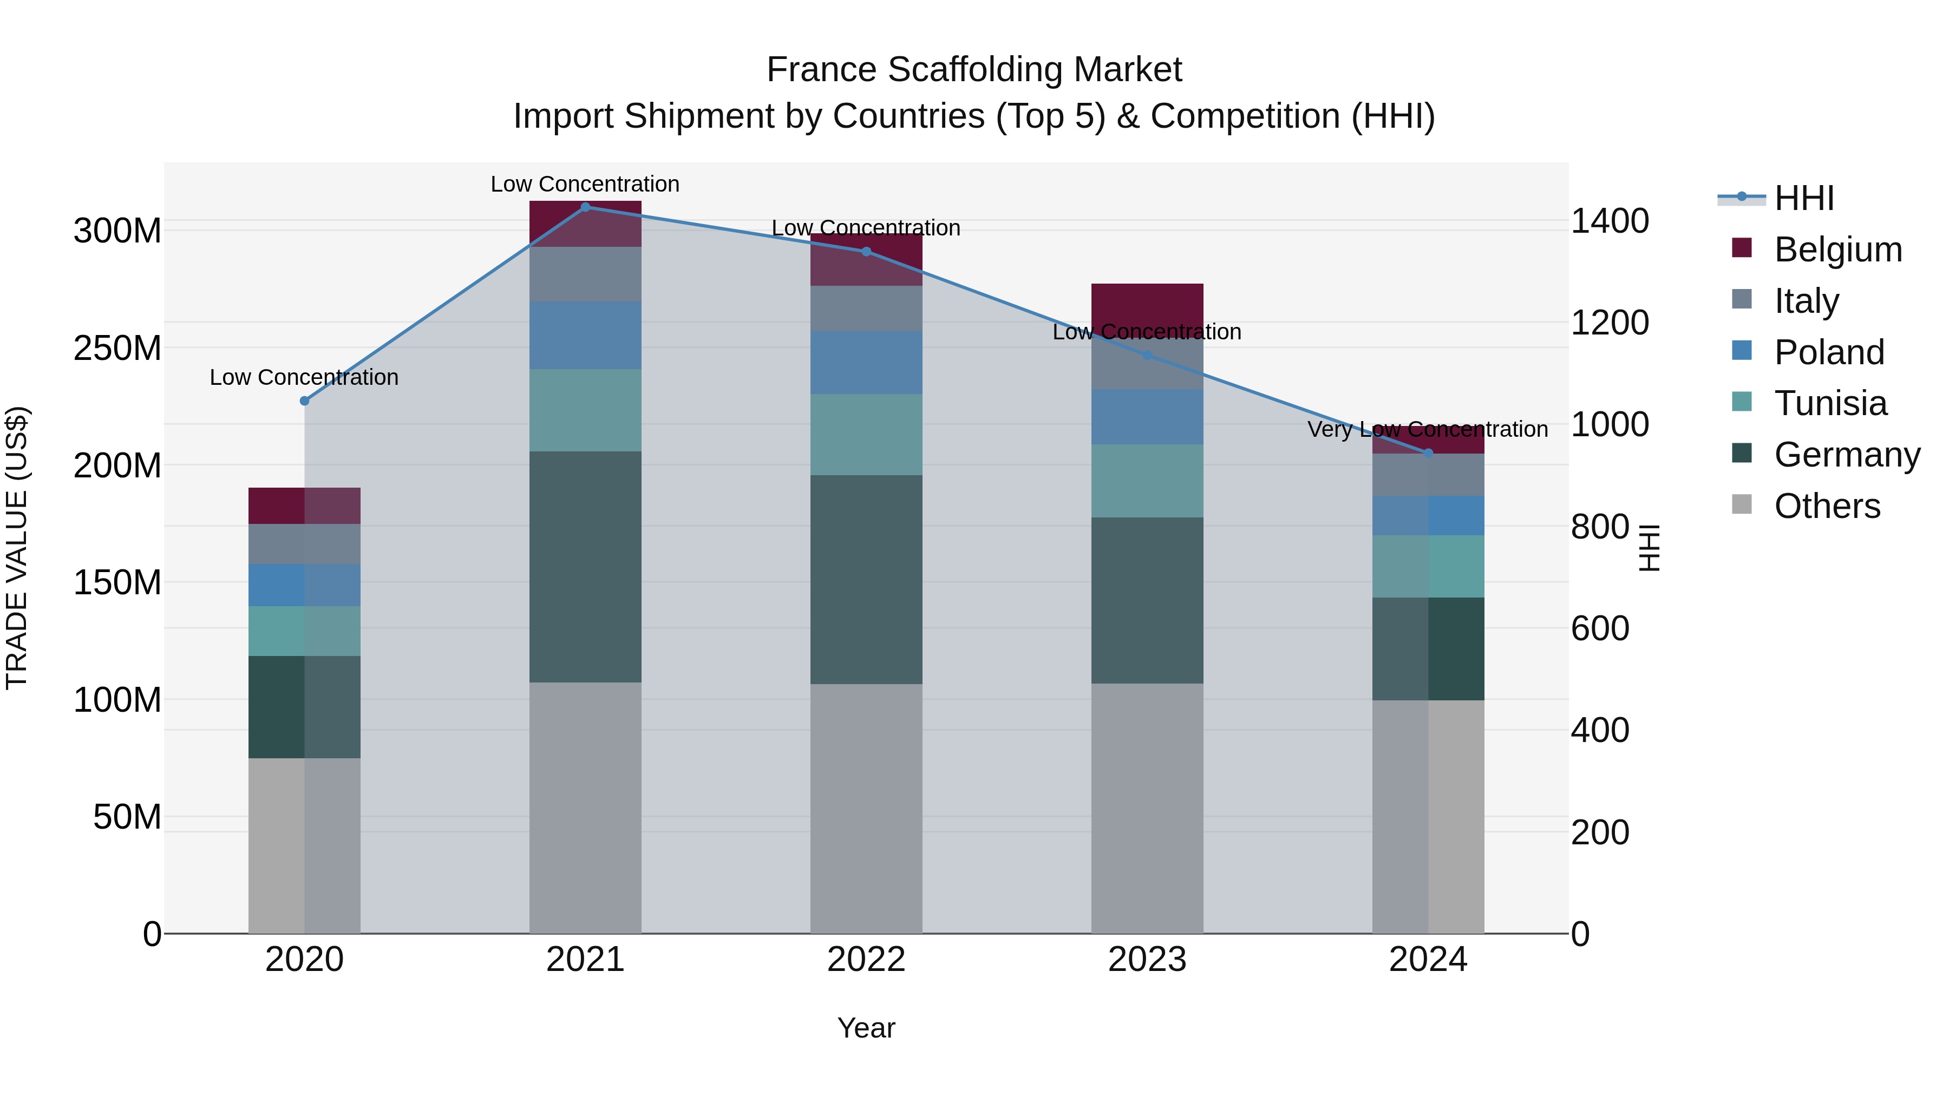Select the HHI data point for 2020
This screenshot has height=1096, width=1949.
pos(304,401)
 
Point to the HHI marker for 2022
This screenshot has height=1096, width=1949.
pos(866,251)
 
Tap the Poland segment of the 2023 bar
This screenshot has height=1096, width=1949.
pos(1147,417)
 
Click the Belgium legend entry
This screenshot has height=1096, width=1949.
pos(1838,250)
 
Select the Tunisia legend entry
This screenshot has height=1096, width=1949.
pos(1830,403)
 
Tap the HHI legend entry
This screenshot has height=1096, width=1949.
pos(1804,198)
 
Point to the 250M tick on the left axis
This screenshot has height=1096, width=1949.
pos(117,349)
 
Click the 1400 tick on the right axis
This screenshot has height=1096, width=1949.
pos(1610,221)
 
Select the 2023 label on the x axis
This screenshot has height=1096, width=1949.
pos(1147,960)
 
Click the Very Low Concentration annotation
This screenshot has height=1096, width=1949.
pos(1428,429)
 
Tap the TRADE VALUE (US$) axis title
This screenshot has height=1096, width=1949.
pos(17,548)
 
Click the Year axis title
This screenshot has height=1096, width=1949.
pos(866,1028)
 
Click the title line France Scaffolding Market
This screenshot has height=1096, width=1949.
pos(974,70)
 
